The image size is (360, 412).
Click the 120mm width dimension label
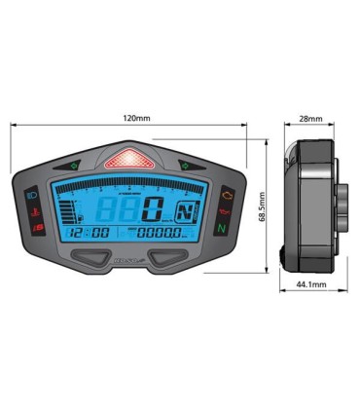(x=136, y=120)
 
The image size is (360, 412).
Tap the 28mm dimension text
(x=311, y=119)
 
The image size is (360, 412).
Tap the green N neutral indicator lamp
(x=222, y=228)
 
